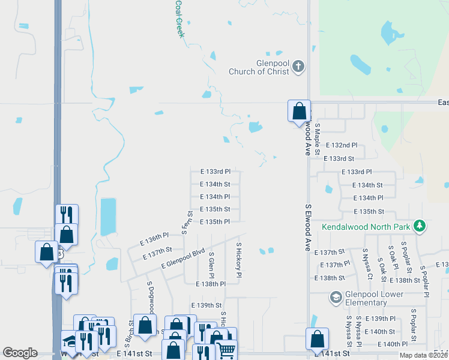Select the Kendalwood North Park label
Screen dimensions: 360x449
[365, 227]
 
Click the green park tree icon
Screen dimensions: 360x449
[420, 226]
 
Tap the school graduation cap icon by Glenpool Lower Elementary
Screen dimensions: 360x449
[336, 297]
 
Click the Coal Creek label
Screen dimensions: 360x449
[179, 18]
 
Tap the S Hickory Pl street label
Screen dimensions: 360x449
[238, 260]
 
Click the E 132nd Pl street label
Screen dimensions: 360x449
[341, 145]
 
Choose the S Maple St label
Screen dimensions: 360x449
[318, 136]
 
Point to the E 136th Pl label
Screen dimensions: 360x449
[154, 238]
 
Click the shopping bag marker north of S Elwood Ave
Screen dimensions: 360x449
[299, 112]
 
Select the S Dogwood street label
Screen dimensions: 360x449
[150, 296]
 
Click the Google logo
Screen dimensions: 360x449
[20, 353]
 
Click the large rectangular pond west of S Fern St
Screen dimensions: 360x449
[109, 217]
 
